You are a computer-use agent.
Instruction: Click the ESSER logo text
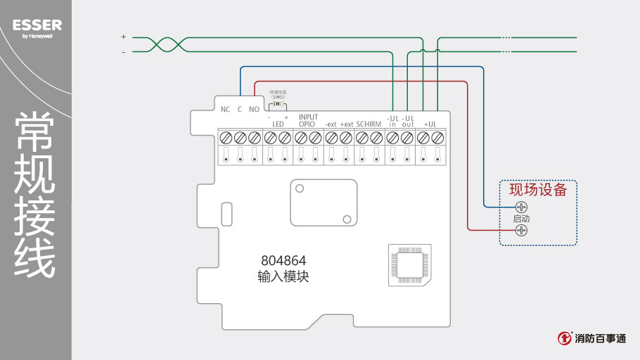(37, 25)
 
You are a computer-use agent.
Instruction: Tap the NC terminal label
(225, 109)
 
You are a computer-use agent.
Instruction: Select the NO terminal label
(254, 109)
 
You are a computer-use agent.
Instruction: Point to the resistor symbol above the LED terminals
(278, 104)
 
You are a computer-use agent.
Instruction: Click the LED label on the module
(278, 124)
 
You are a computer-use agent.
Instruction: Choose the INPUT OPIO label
(308, 120)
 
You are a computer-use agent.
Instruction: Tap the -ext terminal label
(331, 124)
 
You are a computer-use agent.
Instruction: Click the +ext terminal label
(346, 124)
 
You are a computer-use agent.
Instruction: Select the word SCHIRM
(369, 124)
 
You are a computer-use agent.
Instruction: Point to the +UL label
(430, 124)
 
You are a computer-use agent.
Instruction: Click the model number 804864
(283, 260)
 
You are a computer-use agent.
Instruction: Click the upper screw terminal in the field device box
(521, 207)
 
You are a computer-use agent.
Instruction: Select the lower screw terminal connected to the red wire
(521, 230)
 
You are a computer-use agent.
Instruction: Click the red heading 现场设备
(538, 189)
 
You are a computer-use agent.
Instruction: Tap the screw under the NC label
(225, 138)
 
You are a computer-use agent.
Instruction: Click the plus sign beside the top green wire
(123, 37)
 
